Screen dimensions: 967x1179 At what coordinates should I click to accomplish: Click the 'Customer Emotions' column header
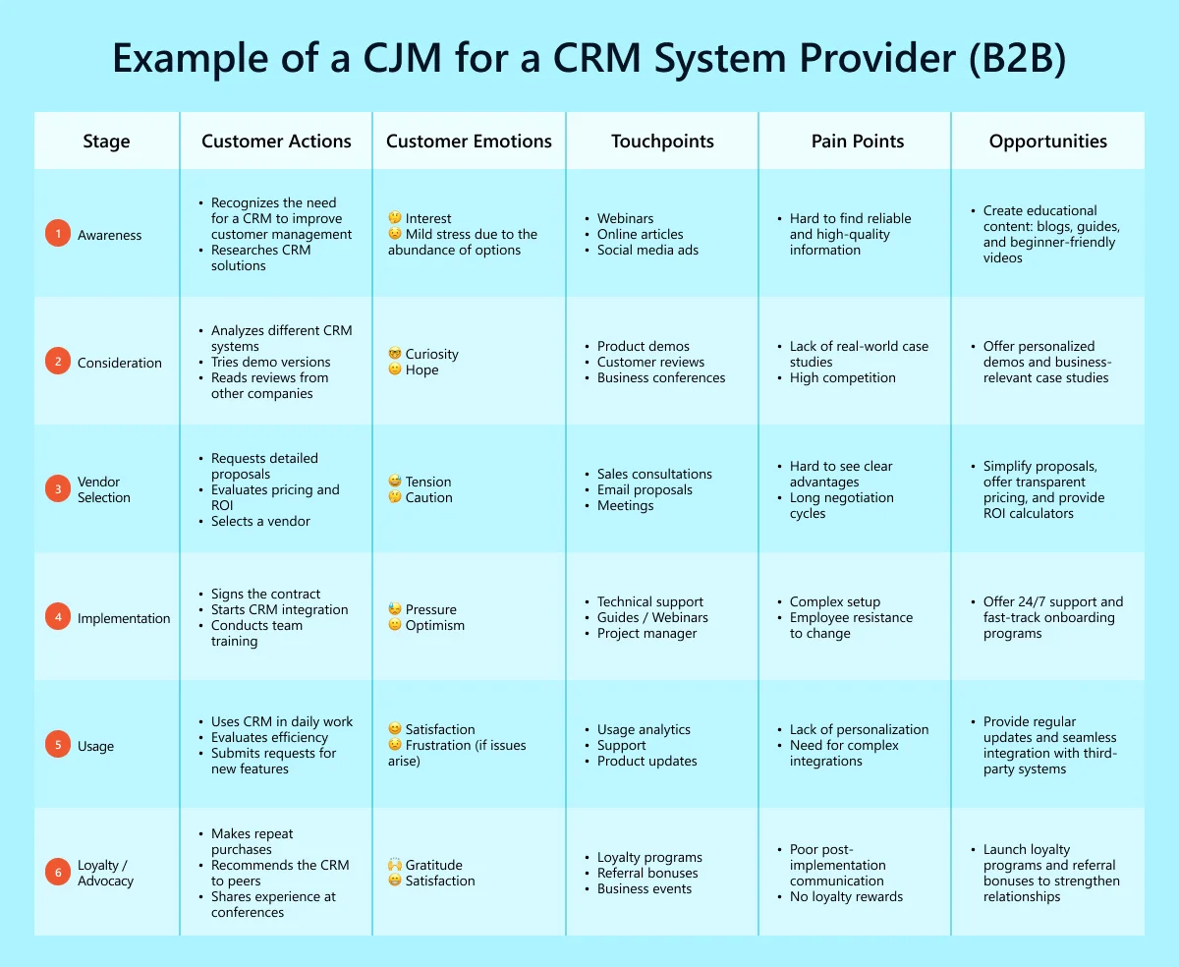point(469,142)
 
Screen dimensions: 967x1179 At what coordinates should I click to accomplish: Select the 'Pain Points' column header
point(857,142)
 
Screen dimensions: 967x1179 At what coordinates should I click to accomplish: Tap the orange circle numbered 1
point(58,234)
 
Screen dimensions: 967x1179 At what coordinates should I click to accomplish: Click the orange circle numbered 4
point(58,617)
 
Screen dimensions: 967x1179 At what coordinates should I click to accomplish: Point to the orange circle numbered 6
point(58,873)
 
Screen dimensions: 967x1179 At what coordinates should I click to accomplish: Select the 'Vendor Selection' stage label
point(104,489)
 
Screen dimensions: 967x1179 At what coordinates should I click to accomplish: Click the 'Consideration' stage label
point(120,363)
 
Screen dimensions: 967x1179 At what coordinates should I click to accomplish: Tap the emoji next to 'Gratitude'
point(395,865)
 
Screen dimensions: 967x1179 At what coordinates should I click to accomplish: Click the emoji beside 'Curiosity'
point(395,354)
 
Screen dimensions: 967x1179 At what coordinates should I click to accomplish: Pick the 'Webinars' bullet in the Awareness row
point(625,218)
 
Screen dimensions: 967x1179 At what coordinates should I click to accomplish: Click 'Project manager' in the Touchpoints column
point(646,633)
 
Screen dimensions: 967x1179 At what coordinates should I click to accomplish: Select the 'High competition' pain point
point(842,377)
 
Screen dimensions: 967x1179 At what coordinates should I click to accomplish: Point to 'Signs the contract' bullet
point(265,594)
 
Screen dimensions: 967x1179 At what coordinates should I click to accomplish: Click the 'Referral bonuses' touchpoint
point(647,873)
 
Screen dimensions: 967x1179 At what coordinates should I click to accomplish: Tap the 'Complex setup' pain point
point(835,601)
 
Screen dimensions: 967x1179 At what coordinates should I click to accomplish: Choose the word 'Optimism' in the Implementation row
point(434,625)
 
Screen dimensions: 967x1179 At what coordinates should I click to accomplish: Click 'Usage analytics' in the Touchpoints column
point(644,729)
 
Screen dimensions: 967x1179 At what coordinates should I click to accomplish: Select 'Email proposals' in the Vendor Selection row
point(645,489)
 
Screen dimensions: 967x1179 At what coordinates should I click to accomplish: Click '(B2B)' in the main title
point(1017,59)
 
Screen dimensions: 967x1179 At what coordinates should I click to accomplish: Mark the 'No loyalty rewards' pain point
point(846,896)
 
